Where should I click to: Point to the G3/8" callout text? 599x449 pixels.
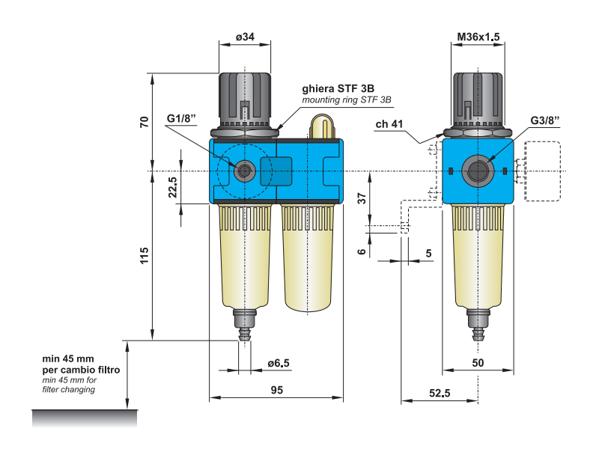click(545, 120)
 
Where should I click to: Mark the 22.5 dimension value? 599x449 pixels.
click(172, 187)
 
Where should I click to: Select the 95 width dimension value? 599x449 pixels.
click(276, 390)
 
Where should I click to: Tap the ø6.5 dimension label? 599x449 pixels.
click(278, 364)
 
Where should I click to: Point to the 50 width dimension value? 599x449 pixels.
click(478, 363)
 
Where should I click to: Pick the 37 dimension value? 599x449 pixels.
click(362, 198)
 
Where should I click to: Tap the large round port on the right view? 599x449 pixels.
click(478, 171)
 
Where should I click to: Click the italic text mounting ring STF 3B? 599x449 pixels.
click(347, 100)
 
